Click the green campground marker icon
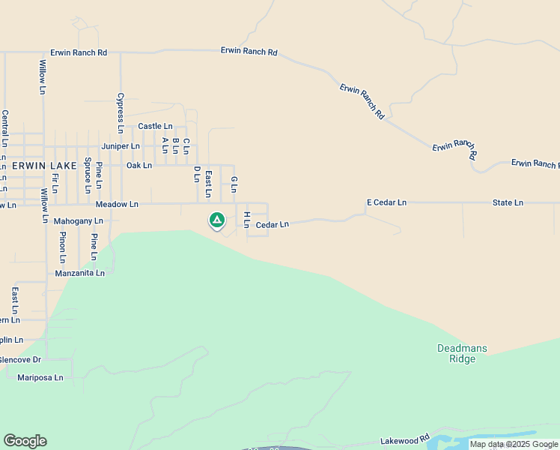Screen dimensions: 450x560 pos(216,220)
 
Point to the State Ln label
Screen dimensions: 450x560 pos(508,202)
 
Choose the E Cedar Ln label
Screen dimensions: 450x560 pos(386,202)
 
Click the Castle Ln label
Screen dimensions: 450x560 pos(155,127)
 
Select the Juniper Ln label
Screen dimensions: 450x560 pos(121,146)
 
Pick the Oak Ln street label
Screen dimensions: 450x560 pos(139,165)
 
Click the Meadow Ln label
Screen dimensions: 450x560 pos(117,204)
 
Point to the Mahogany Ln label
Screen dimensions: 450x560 pos(79,221)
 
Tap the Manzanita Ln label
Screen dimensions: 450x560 pos(80,274)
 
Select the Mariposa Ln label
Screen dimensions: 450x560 pos(40,377)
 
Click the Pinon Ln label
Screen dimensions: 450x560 pos(62,247)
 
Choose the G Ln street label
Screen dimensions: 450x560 pos(234,183)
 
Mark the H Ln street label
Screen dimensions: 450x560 pos(246,219)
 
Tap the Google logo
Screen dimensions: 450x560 pos(25,441)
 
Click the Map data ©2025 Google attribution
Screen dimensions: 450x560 pos(514,445)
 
